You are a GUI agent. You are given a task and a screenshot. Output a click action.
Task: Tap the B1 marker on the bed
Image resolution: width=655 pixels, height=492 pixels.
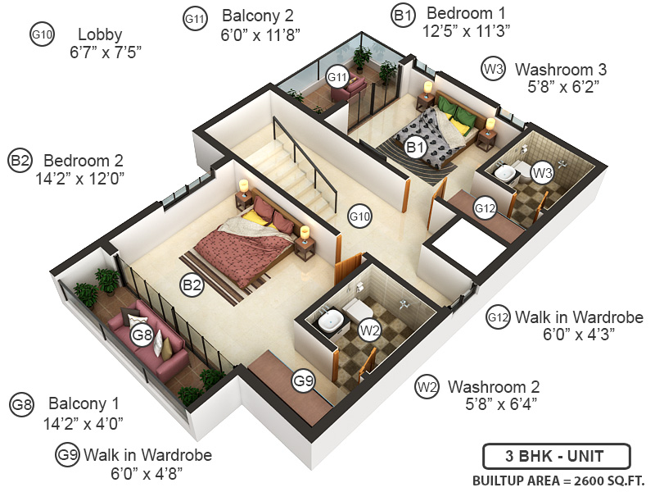415,148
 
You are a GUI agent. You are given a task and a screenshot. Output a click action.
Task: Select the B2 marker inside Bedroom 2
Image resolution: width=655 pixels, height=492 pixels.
192,285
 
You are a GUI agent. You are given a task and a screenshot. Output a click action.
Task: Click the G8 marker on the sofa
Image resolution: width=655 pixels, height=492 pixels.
142,335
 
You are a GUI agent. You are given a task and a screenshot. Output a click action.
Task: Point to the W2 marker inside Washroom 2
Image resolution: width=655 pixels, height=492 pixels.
370,330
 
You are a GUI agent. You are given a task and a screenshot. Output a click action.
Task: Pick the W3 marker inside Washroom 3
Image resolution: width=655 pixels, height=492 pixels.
541,172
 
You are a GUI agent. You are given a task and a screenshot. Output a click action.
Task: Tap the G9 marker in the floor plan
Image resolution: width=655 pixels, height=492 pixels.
305,380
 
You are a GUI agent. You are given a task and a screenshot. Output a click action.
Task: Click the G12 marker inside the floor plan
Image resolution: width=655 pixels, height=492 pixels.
486,209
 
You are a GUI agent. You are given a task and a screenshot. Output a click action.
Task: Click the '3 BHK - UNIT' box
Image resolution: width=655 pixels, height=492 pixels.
556,456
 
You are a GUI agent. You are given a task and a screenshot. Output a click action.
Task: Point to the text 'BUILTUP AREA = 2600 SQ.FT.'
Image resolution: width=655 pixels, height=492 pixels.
558,480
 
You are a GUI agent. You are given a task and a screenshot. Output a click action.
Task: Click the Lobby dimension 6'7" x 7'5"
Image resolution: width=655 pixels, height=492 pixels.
106,53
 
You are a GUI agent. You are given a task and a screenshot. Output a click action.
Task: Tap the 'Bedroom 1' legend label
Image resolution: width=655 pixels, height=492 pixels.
466,14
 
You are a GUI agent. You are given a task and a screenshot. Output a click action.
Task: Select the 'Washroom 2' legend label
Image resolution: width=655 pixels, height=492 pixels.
493,386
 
